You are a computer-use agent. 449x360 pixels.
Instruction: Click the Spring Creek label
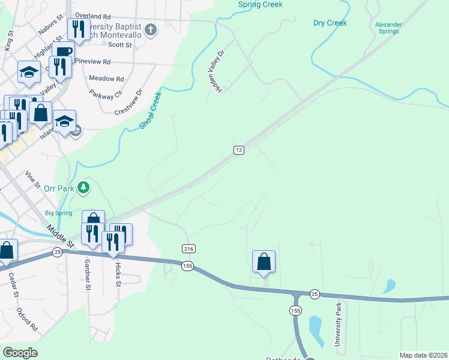[260, 4]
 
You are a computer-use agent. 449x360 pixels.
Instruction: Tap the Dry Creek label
[330, 23]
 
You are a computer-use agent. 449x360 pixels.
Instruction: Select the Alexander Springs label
[388, 28]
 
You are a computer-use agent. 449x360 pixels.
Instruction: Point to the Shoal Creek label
[150, 110]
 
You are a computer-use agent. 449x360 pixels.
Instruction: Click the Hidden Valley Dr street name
[215, 71]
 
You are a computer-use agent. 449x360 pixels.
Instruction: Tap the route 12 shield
[239, 150]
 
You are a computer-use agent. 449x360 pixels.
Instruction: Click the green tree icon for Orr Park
[83, 188]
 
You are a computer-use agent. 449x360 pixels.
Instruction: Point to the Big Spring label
[58, 213]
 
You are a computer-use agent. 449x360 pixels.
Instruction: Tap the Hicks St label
[118, 273]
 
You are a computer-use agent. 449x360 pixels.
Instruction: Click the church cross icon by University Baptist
[151, 28]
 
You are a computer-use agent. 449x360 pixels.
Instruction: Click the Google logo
[20, 353]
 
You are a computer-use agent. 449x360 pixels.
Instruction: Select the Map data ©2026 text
[423, 355]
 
